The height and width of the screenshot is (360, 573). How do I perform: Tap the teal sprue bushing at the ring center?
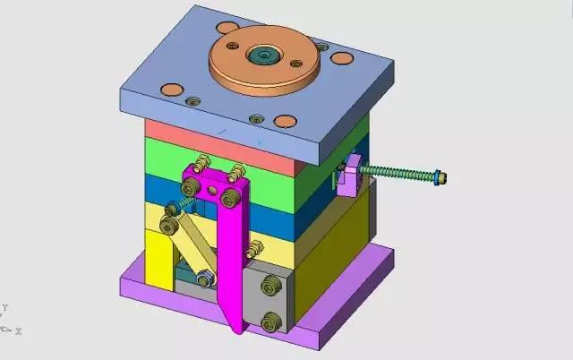264,56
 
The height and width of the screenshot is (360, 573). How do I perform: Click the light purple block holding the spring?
349,176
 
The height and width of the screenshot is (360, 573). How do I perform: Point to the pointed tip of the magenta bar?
238,332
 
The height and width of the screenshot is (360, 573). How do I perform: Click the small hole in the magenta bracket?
212,190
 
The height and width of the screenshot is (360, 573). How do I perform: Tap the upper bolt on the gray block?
271,285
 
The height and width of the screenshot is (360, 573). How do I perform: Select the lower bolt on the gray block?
271,321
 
